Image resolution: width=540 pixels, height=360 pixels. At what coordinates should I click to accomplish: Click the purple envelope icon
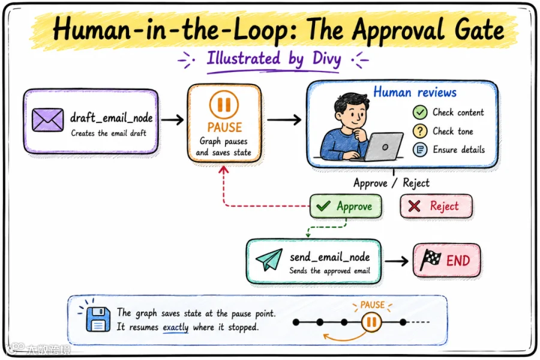(47, 120)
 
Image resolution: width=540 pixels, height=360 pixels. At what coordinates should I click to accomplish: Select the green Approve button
(346, 206)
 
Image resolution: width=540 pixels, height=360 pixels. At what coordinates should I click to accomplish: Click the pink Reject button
(436, 206)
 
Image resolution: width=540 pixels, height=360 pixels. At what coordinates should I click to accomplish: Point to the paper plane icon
(269, 259)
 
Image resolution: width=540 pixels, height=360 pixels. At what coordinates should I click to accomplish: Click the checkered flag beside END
(430, 260)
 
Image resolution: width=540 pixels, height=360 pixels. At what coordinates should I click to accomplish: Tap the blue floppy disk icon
(98, 319)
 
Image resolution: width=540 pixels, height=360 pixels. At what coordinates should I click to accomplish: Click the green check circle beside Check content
(420, 112)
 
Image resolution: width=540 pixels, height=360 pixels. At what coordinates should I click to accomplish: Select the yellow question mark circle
(420, 131)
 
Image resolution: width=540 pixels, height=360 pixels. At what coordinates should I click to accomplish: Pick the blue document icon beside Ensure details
(420, 149)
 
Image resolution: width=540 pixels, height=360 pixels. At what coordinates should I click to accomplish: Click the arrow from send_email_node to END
(397, 261)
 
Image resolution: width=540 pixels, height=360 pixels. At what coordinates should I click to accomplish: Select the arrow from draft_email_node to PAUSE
(172, 120)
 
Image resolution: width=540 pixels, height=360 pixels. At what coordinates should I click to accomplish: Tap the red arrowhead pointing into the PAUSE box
(224, 169)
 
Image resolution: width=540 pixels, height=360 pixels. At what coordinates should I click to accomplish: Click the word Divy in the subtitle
(326, 59)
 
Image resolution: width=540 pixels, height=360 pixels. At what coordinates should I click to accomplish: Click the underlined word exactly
(176, 327)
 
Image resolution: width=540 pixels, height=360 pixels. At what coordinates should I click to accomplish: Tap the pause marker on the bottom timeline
(371, 322)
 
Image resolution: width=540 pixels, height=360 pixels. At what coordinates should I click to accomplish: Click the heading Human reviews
(415, 92)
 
